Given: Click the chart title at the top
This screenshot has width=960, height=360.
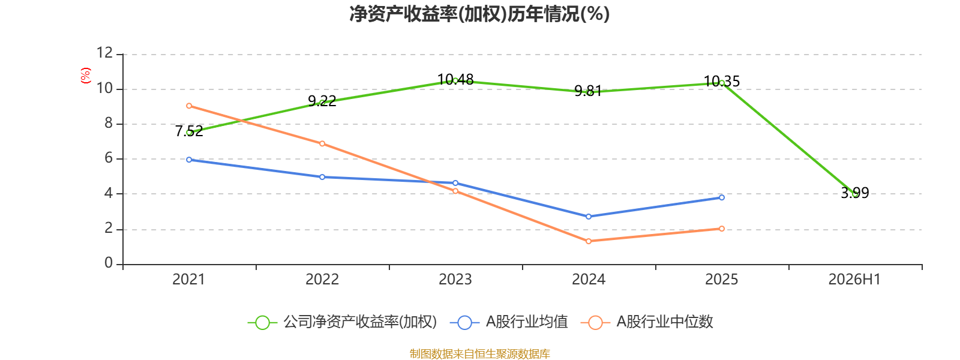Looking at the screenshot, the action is pyautogui.click(x=479, y=14).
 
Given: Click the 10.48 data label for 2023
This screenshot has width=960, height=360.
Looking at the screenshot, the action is pyautogui.click(x=455, y=80).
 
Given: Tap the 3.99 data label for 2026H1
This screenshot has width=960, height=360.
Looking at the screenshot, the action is pyautogui.click(x=855, y=193).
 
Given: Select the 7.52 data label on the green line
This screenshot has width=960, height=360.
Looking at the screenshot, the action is pyautogui.click(x=189, y=131).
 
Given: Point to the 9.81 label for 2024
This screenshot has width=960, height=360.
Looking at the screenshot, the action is pyautogui.click(x=588, y=91).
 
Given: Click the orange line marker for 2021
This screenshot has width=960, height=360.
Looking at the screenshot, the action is pyautogui.click(x=189, y=106).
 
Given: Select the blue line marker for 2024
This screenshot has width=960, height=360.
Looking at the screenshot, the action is pyautogui.click(x=589, y=217).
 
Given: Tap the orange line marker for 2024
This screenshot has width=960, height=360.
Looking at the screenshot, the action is pyautogui.click(x=589, y=241).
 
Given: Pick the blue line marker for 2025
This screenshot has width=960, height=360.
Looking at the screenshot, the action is pyautogui.click(x=722, y=197).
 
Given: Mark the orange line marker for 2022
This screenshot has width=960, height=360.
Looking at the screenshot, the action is pyautogui.click(x=322, y=143).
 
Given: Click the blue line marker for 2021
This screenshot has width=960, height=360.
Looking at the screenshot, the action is pyautogui.click(x=189, y=160).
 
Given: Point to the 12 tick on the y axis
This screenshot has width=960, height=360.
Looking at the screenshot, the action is pyautogui.click(x=104, y=53).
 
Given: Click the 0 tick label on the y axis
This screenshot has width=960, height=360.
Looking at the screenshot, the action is pyautogui.click(x=109, y=263).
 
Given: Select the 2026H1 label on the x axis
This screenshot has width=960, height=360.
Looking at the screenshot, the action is pyautogui.click(x=854, y=280).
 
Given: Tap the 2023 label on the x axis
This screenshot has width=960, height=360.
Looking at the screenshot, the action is pyautogui.click(x=455, y=280).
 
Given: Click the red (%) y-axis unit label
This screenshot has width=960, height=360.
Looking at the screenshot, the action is pyautogui.click(x=86, y=76).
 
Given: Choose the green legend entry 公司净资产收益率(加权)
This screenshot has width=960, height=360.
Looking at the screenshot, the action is pyautogui.click(x=343, y=322).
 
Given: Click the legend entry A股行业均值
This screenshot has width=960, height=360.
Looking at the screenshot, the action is pyautogui.click(x=509, y=322).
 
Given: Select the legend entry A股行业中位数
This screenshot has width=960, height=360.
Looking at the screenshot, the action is pyautogui.click(x=647, y=322).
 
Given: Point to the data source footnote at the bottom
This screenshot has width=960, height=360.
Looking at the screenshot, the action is pyautogui.click(x=479, y=353).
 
